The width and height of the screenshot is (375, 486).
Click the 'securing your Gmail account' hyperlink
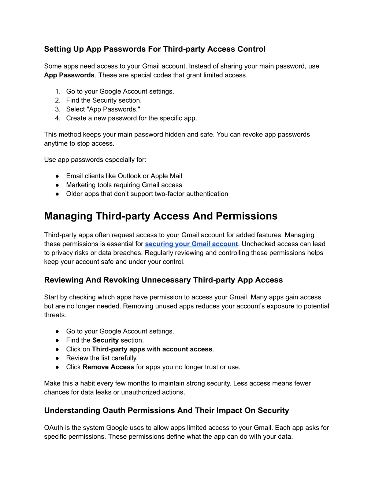tap(191, 244)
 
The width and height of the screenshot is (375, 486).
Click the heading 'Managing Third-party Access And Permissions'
tap(161, 216)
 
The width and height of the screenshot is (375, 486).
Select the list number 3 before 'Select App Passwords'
tap(57, 109)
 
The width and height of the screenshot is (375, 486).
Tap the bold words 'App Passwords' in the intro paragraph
tap(69, 75)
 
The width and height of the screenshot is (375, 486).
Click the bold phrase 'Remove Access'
tap(108, 367)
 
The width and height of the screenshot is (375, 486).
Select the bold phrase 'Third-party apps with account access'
tap(152, 349)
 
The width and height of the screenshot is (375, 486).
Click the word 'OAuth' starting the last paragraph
tap(53, 428)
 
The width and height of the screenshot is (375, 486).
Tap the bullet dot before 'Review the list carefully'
tap(57, 358)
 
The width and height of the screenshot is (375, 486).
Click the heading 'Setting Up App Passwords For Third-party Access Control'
tap(155, 49)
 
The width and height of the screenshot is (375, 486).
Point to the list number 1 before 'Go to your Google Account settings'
tap(57, 91)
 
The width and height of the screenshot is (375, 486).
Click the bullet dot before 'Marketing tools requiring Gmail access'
tap(57, 185)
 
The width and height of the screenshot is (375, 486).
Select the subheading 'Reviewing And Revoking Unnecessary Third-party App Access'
tap(163, 280)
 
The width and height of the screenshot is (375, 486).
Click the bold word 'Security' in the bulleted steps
tap(105, 340)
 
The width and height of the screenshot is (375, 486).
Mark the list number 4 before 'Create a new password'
tap(57, 118)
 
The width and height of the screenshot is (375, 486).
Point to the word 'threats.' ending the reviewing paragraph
tap(55, 315)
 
